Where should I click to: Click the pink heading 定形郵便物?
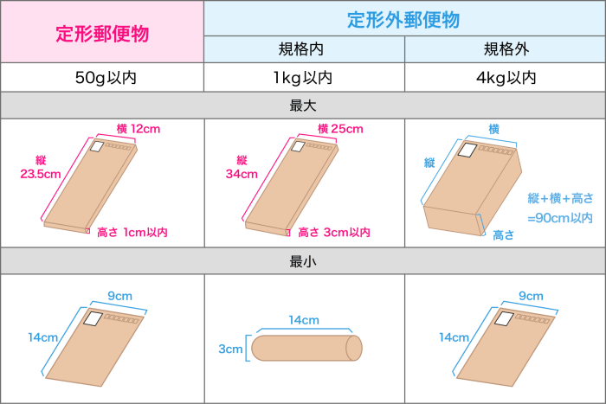[x=102, y=34]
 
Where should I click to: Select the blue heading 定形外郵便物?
[x=403, y=20]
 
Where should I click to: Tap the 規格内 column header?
[x=301, y=49]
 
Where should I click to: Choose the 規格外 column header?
[x=506, y=49]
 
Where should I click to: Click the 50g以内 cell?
[x=106, y=78]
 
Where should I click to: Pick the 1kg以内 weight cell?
[x=303, y=78]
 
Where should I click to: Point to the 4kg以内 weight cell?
[x=506, y=78]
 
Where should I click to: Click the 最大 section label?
[x=303, y=106]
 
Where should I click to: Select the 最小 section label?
[x=303, y=261]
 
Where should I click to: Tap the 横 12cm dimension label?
[x=139, y=129]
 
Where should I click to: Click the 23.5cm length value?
[x=41, y=174]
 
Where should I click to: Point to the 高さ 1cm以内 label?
[x=132, y=232]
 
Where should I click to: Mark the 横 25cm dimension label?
[x=340, y=129]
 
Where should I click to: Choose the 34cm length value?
[x=242, y=174]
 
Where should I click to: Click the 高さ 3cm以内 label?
[x=334, y=232]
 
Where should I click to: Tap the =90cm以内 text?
[x=560, y=218]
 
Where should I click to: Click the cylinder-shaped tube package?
[x=306, y=348]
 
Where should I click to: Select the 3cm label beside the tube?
[x=230, y=349]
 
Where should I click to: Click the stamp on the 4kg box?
[x=467, y=150]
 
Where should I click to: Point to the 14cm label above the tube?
[x=304, y=320]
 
